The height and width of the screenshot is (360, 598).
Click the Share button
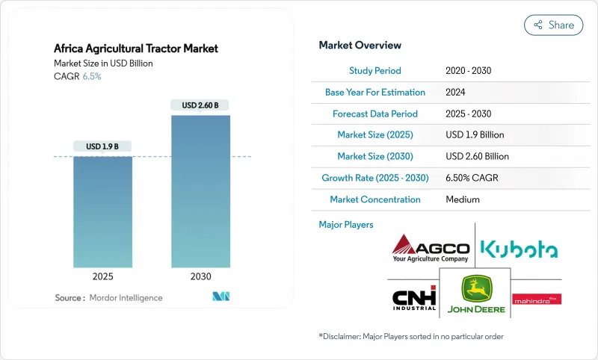click(x=553, y=25)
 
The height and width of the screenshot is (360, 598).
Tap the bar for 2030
click(x=200, y=190)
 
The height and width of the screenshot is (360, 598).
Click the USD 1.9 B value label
click(x=102, y=146)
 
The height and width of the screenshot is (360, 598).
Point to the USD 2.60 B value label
click(x=200, y=105)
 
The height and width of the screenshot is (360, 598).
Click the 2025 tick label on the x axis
click(x=102, y=276)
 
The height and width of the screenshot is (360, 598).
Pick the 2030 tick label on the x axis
click(x=200, y=276)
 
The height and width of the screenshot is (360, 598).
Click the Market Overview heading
click(x=360, y=46)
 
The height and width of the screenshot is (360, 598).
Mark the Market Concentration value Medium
click(x=462, y=199)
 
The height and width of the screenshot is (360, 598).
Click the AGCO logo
click(x=431, y=248)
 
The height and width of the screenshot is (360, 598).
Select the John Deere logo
click(x=474, y=294)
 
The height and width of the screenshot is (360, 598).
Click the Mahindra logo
click(x=537, y=299)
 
